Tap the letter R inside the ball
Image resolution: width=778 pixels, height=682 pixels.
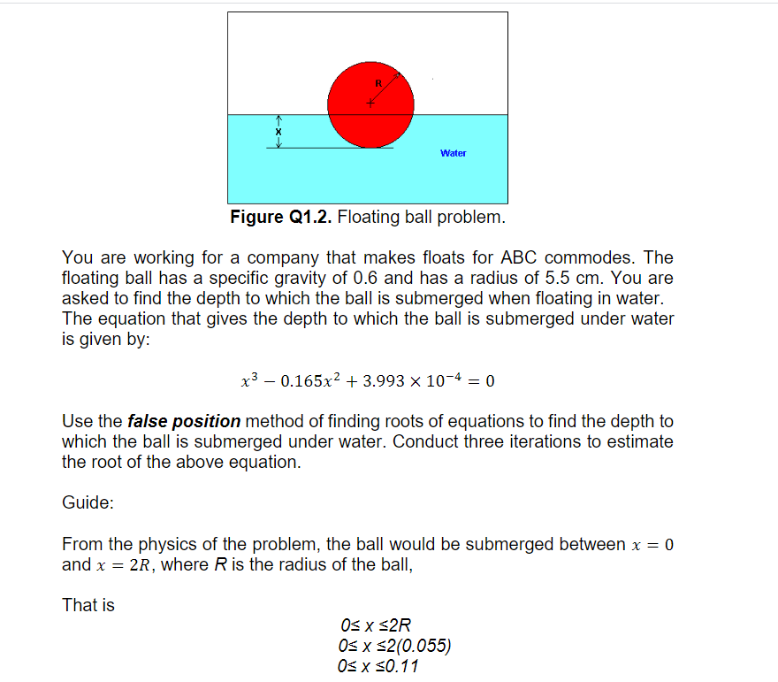click(x=378, y=82)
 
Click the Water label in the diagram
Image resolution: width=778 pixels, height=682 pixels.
click(x=453, y=153)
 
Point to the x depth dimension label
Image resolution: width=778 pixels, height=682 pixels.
click(x=278, y=132)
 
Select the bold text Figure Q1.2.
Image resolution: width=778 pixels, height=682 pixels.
click(x=281, y=217)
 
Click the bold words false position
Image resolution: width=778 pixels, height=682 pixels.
click(x=184, y=421)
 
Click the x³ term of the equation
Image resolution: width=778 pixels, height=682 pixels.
click(x=249, y=381)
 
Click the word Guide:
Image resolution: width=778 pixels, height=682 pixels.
click(x=88, y=502)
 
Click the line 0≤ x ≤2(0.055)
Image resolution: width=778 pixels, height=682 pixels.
click(x=394, y=646)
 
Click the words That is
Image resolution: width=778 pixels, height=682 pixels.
click(x=88, y=605)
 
